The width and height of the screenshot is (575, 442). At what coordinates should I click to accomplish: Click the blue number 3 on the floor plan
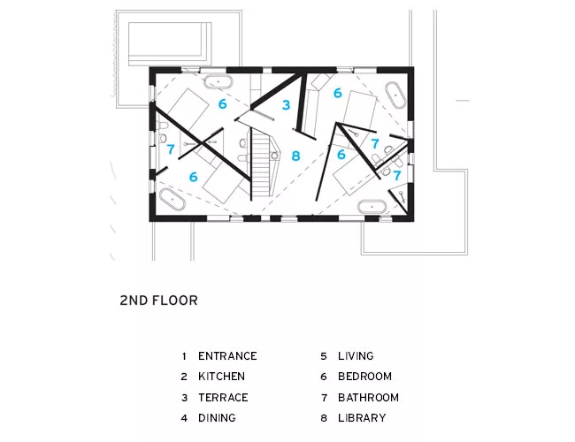tap(286, 105)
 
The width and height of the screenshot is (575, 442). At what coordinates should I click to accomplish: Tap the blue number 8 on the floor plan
tap(296, 156)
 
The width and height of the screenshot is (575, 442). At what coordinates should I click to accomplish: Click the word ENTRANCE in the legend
tap(227, 356)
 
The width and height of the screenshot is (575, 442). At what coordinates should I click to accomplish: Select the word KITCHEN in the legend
tap(221, 377)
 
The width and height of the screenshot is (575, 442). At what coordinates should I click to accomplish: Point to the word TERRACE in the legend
tap(223, 397)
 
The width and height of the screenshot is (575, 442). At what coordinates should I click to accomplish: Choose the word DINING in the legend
tap(217, 418)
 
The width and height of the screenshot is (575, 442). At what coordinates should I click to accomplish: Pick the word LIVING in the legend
tap(356, 356)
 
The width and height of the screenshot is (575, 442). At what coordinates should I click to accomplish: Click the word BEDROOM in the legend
tap(364, 377)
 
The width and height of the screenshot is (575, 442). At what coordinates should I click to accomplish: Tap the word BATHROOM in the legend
tap(368, 397)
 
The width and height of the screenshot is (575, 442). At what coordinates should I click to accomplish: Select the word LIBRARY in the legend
tap(362, 418)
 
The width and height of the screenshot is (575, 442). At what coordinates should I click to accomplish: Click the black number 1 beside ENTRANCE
tap(184, 356)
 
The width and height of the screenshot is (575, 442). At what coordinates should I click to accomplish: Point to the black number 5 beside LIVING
tap(324, 356)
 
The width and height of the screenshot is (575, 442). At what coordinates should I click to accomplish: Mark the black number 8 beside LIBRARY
tap(324, 418)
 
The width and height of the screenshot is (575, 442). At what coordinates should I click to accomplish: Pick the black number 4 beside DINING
tap(184, 418)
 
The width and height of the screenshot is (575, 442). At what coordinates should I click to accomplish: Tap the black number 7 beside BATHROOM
tap(324, 397)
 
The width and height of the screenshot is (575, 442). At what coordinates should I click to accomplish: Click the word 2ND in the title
tap(134, 301)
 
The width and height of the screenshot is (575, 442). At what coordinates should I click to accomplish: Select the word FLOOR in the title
tap(174, 301)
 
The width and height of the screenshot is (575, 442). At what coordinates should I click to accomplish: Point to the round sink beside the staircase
tap(274, 156)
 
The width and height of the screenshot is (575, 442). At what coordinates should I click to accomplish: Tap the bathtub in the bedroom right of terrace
tap(395, 95)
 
